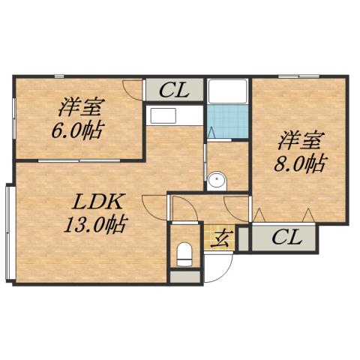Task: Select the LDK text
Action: [97, 202]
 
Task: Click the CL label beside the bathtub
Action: [174, 90]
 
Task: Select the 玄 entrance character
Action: [223, 239]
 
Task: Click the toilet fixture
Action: [183, 253]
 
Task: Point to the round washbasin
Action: [217, 180]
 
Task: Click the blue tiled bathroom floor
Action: [228, 120]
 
